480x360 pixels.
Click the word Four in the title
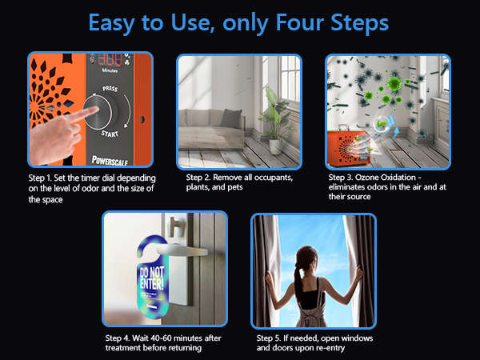pos(299,22)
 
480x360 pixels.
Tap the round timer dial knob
pos(98,112)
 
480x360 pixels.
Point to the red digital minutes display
pos(110,59)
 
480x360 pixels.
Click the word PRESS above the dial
pos(110,89)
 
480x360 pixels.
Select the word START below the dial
pos(110,134)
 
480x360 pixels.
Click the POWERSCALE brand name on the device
pos(110,161)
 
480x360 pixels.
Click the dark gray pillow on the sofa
pos(231,118)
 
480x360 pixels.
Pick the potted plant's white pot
pos(276,146)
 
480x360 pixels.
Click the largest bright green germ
pos(394,82)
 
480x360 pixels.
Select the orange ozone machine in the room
pos(349,148)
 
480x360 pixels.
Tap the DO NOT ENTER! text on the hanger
pos(152,278)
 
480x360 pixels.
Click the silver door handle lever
pos(181,250)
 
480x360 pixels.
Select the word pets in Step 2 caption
pos(235,187)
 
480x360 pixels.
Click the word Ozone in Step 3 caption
pos(366,178)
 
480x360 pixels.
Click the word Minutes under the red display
pos(110,70)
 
